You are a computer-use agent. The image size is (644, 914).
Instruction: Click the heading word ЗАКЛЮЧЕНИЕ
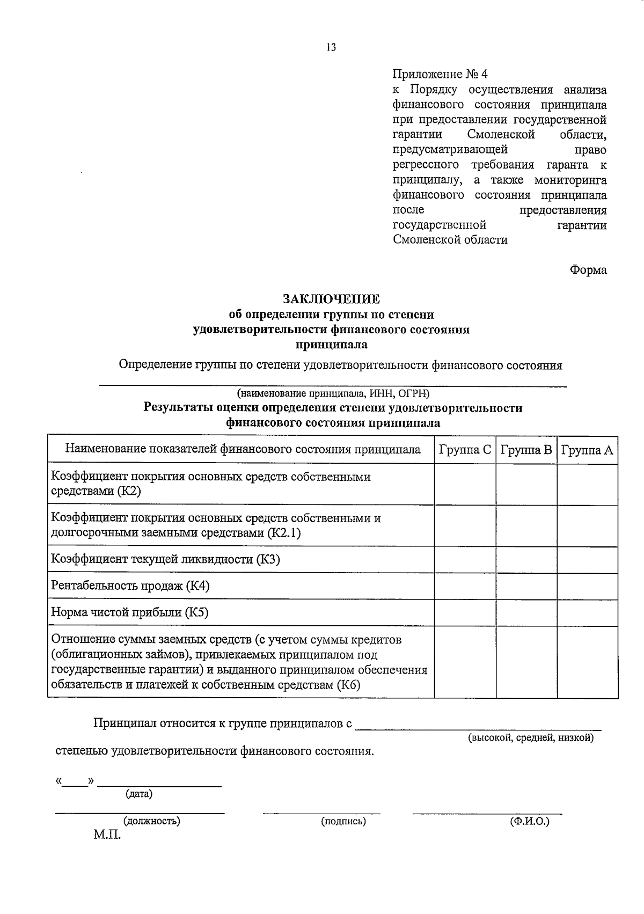(331, 299)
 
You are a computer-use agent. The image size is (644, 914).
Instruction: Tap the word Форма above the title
(588, 270)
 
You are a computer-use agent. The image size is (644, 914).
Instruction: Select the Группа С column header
(465, 449)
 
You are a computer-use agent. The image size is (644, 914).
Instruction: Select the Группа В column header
(526, 449)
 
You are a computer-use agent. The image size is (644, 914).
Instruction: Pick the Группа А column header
(587, 449)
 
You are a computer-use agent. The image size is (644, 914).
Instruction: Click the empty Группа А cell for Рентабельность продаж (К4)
(587, 586)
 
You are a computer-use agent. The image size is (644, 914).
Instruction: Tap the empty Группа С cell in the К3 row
(465, 560)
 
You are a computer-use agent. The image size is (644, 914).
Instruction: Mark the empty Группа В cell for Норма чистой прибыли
(526, 612)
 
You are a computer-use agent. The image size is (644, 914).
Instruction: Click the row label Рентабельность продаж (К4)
(130, 586)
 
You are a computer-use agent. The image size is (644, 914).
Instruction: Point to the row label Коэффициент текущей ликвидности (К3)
(165, 560)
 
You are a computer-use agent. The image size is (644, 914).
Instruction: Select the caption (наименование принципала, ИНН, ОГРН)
(333, 393)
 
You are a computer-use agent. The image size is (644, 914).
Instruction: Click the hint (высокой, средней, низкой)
(530, 738)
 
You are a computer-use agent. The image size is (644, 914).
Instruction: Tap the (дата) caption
(138, 794)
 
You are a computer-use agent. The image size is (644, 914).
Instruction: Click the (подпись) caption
(343, 821)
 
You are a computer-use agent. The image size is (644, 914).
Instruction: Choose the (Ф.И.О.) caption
(530, 821)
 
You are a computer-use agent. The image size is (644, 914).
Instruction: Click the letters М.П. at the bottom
(107, 835)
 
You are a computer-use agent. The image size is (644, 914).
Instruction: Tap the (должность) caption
(152, 821)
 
